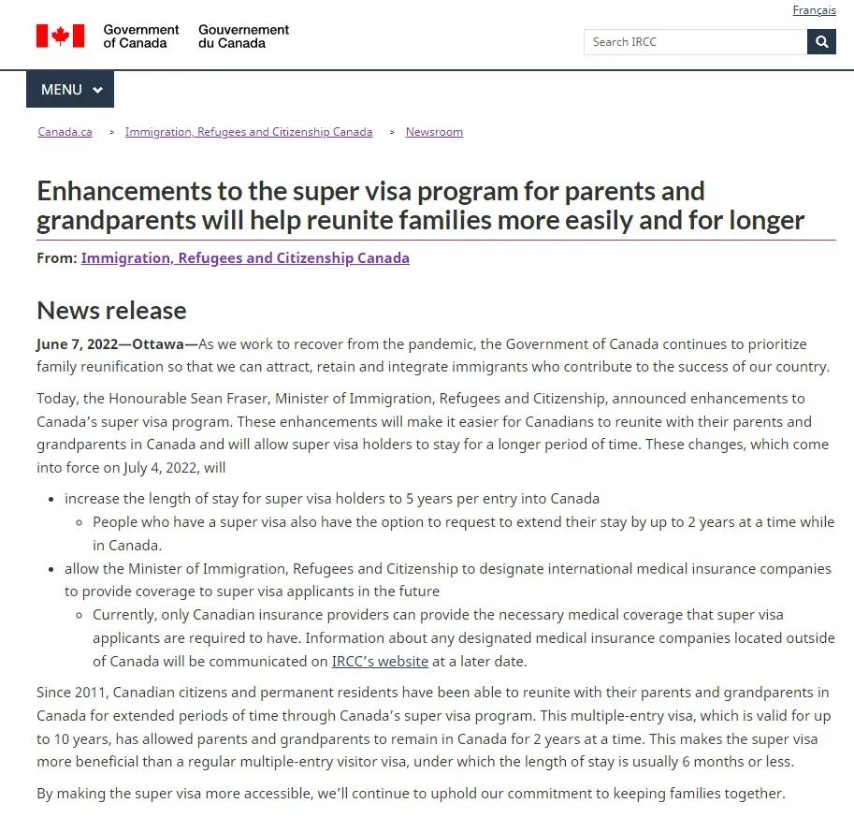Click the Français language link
814,10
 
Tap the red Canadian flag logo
60,36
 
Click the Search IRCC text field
695,42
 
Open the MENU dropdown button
70,90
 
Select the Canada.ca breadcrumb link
65,132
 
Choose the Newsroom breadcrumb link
434,132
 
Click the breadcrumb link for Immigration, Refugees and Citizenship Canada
249,132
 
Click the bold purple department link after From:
245,258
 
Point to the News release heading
111,311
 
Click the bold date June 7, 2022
78,344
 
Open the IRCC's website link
380,662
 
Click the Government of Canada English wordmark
141,37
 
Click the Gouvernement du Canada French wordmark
243,37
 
